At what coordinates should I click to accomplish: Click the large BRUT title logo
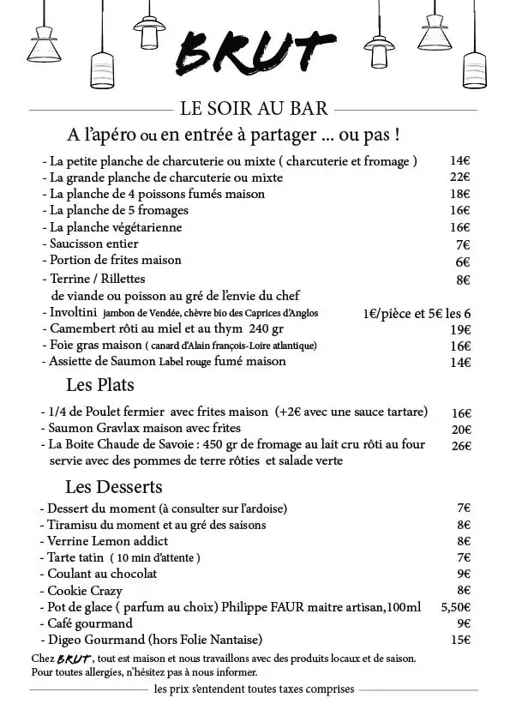click(255, 54)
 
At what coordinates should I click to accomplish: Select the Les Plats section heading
click(100, 384)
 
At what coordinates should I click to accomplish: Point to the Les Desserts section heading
click(113, 487)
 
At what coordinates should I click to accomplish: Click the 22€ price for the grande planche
click(460, 177)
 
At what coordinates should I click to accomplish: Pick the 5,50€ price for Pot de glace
click(456, 607)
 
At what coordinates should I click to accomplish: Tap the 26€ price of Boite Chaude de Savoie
click(461, 445)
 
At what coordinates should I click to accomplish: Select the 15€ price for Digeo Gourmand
click(461, 640)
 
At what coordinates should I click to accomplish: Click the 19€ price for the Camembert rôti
click(461, 329)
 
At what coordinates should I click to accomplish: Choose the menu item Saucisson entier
click(93, 244)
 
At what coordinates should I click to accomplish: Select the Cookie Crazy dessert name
click(85, 591)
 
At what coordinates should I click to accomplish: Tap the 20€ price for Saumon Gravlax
click(461, 429)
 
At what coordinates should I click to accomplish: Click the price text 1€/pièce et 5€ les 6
click(417, 313)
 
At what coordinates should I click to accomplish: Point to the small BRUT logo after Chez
click(74, 659)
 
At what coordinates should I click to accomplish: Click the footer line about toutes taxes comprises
click(255, 689)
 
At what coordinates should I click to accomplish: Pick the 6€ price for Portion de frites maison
click(463, 261)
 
